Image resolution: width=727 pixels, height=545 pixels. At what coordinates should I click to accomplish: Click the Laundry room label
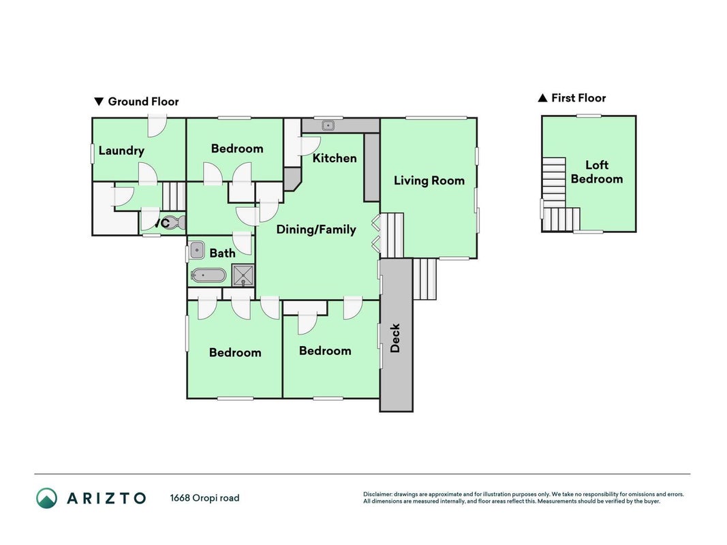[121, 151]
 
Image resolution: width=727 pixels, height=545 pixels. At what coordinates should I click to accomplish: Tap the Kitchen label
[335, 158]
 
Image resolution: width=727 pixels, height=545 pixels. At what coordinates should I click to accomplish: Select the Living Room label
[429, 181]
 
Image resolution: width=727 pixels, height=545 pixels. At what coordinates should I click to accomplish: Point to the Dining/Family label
[316, 230]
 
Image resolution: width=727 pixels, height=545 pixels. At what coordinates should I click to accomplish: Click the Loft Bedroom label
[597, 172]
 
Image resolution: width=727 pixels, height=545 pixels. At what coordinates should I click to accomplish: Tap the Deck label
[395, 338]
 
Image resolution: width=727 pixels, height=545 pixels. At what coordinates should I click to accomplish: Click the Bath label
[223, 253]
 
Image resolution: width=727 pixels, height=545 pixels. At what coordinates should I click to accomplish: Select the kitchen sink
[328, 125]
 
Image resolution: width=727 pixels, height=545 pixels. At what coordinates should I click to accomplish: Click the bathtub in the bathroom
[208, 275]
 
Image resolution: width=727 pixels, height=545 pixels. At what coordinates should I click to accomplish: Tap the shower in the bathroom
[243, 275]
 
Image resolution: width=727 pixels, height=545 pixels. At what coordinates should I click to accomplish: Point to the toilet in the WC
[175, 223]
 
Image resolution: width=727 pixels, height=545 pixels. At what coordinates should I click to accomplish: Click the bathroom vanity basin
[197, 250]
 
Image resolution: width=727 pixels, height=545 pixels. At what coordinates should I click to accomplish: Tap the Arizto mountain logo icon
[47, 498]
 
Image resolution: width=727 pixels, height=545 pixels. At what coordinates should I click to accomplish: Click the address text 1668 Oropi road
[204, 498]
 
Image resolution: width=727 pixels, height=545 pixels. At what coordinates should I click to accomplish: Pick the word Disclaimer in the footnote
[377, 495]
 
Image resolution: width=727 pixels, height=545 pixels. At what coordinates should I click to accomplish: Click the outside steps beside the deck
[424, 279]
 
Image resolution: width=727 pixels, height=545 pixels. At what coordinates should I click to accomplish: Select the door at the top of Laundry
[157, 127]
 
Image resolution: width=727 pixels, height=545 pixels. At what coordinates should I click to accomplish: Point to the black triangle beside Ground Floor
[99, 102]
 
